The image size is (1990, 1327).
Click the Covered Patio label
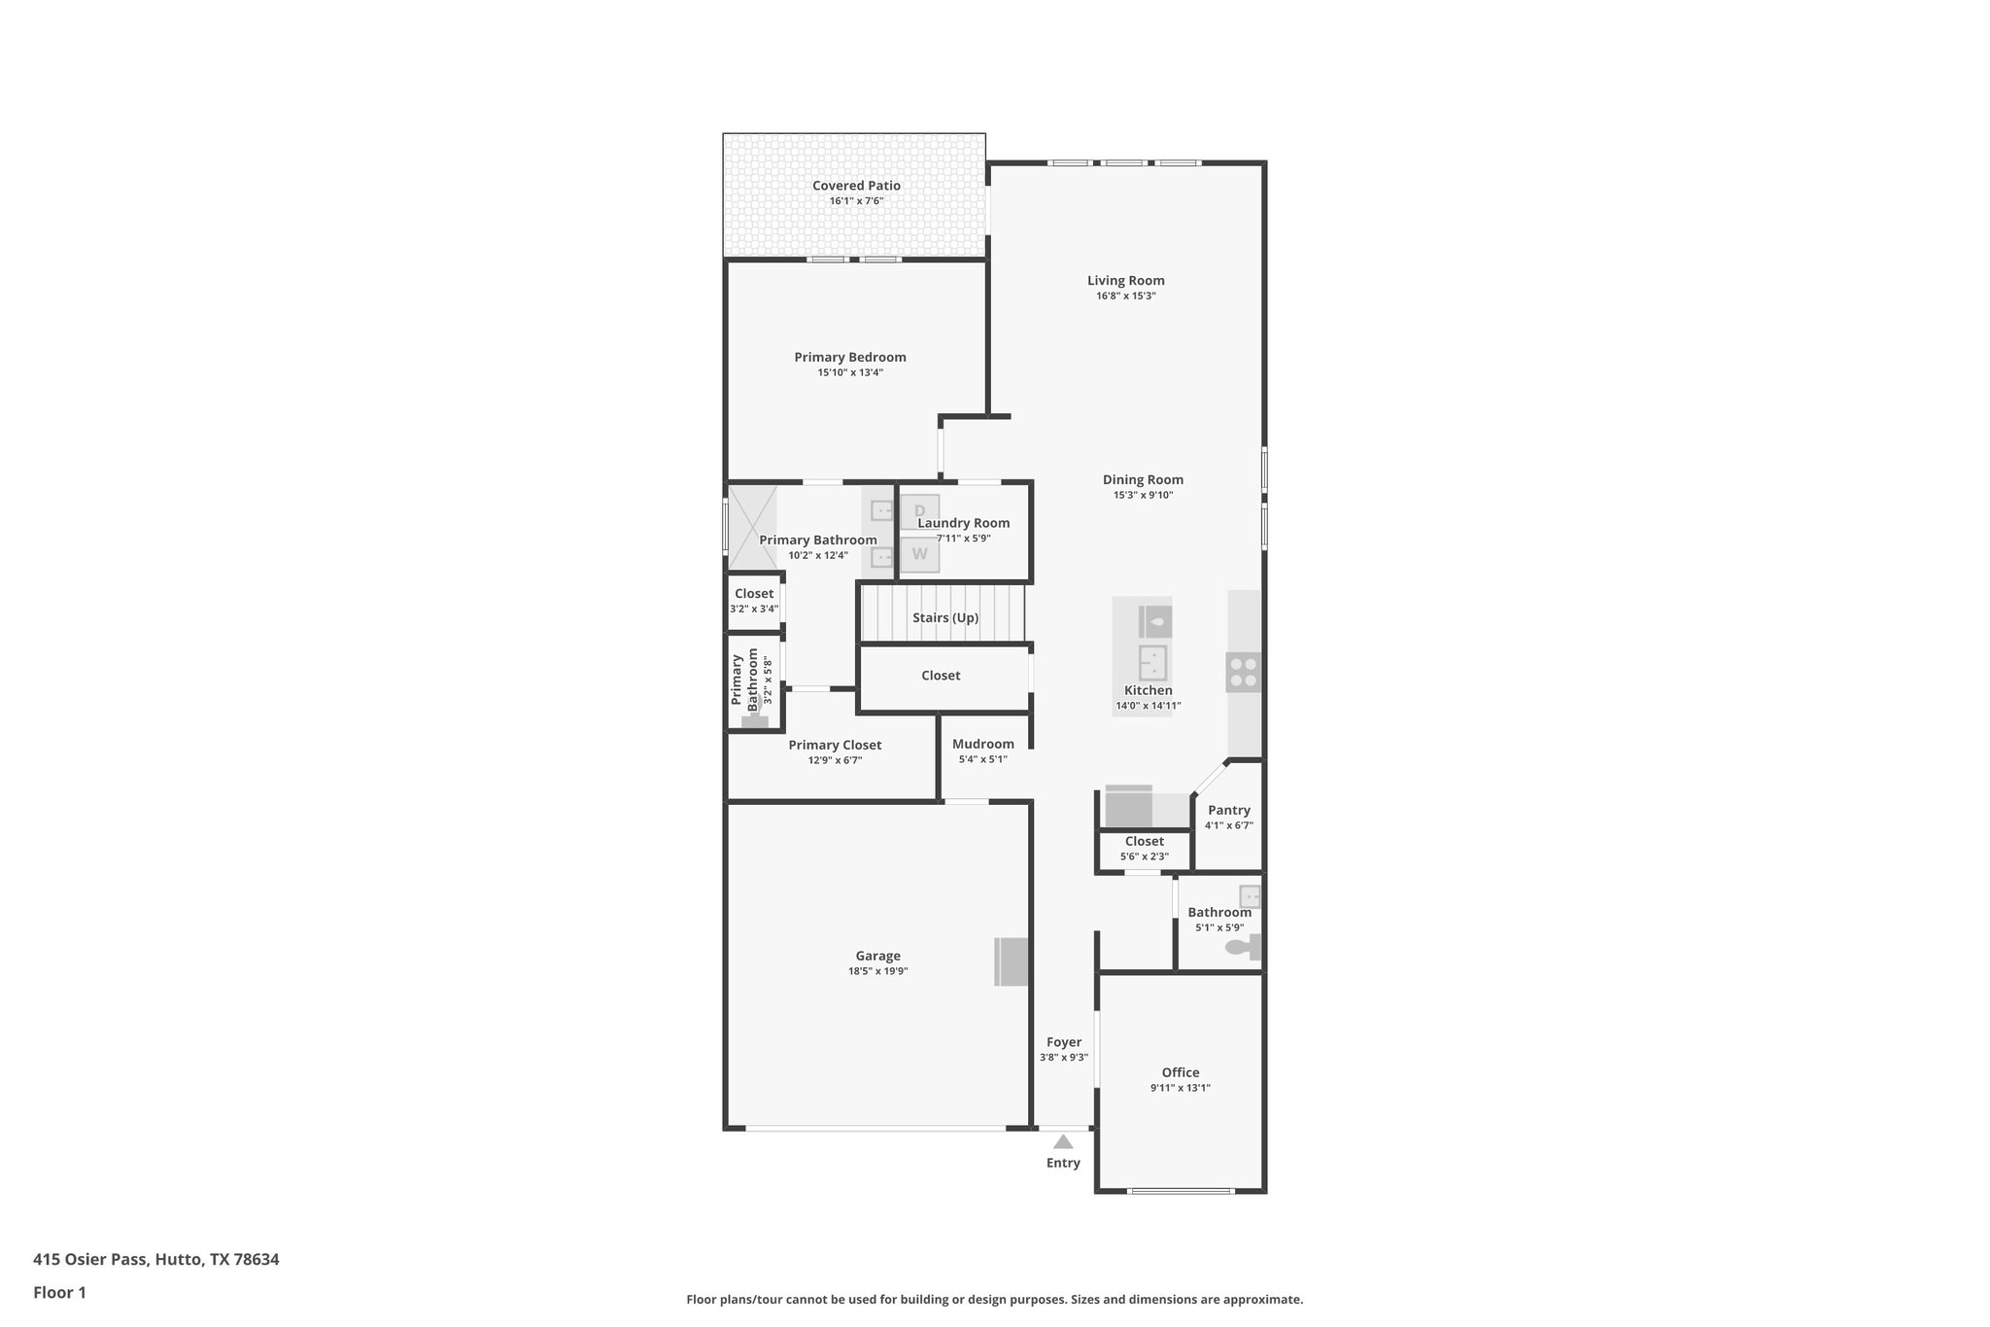coord(856,186)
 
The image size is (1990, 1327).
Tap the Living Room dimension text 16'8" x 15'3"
coord(1125,297)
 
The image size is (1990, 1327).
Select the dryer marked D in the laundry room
coord(919,511)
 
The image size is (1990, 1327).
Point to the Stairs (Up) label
coord(944,618)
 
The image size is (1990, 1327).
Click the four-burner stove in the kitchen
coord(1243,672)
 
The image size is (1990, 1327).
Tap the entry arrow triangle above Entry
coord(1063,1142)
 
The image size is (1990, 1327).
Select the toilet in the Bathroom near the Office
coord(1238,947)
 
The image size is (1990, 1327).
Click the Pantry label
coord(1228,811)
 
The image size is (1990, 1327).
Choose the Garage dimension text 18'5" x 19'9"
coord(877,971)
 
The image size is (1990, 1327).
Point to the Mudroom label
coord(982,745)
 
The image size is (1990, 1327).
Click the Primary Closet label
coord(835,746)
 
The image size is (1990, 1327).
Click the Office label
coord(1180,1073)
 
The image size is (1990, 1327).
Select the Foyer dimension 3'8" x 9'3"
coord(1063,1058)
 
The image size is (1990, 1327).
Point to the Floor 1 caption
coord(59,1293)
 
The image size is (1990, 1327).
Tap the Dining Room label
coord(1143,480)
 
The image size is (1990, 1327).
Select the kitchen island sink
coord(1152,663)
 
